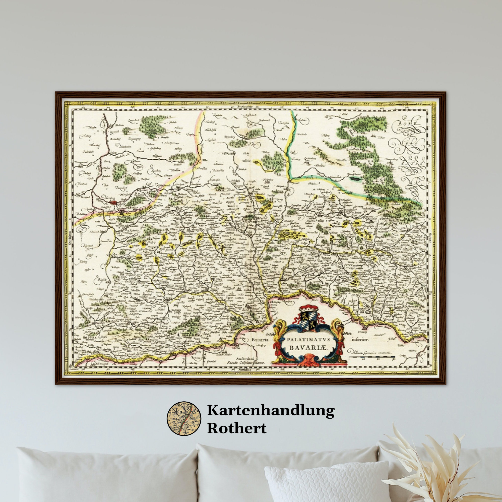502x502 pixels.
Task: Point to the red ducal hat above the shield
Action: pos(308,308)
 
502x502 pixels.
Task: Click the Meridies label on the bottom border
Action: pos(244,369)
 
